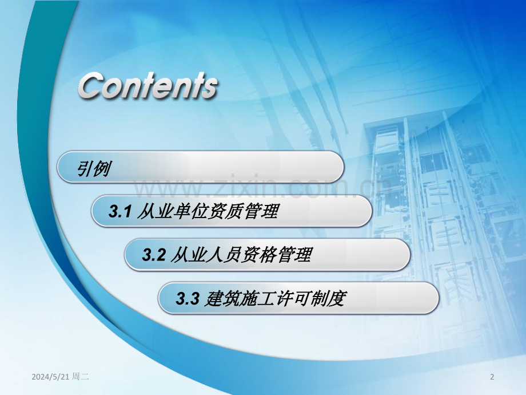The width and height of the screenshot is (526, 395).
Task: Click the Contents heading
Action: tap(148, 86)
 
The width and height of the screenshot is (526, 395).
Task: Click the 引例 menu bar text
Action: tap(94, 168)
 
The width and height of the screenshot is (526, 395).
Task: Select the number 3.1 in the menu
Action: tap(121, 212)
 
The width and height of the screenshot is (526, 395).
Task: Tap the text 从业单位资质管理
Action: tap(208, 212)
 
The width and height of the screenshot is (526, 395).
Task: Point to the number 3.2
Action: tap(154, 255)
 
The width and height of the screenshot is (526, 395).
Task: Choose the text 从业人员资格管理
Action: tap(241, 255)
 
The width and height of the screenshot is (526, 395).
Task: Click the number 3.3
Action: tap(187, 298)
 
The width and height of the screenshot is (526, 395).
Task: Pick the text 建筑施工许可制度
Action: tap(274, 298)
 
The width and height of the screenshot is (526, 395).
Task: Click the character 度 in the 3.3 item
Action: tap(338, 298)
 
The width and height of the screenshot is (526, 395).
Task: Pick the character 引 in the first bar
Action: tap(85, 168)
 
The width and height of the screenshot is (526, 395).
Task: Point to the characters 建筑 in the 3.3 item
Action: tap(221, 298)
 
